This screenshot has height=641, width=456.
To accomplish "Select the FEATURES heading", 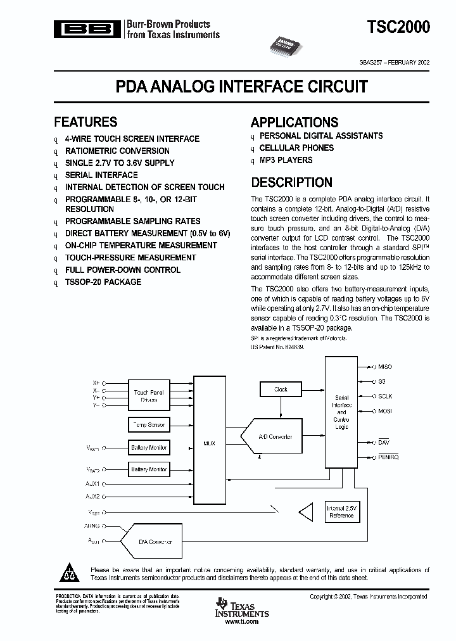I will [x=85, y=122].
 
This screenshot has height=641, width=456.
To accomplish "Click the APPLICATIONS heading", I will [x=294, y=122].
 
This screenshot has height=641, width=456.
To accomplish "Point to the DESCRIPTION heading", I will [x=291, y=182].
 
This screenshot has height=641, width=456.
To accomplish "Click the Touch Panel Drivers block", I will [x=149, y=397].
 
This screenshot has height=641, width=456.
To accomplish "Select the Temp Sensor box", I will [x=149, y=424].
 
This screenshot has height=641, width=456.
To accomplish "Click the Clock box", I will [x=281, y=390].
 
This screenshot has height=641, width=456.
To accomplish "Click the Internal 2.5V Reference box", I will [x=341, y=512].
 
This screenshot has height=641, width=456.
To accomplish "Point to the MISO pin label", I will [x=384, y=367].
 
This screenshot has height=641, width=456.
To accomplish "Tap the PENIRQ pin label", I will [x=388, y=456].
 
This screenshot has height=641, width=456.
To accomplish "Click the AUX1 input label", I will [x=92, y=484].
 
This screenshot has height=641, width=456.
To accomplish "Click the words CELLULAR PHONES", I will [x=296, y=148].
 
